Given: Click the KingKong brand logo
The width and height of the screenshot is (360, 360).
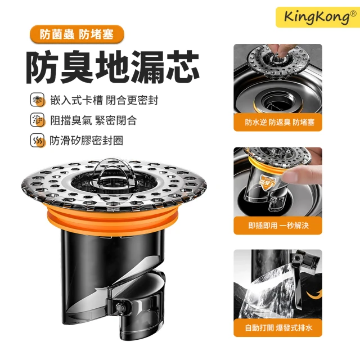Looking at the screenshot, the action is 318,17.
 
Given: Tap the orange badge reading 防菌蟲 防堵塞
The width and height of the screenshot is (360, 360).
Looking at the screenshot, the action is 77,34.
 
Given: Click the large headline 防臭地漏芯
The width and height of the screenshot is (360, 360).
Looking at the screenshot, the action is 112,67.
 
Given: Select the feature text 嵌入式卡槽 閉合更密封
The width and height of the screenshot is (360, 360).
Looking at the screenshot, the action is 104,100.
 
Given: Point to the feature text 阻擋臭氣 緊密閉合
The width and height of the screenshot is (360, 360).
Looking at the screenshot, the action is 94,120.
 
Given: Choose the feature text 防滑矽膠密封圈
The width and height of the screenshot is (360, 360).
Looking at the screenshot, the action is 87,141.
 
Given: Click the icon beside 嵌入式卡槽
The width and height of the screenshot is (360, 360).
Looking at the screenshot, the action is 38,100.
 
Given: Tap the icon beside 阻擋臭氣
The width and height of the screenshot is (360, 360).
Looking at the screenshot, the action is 38,120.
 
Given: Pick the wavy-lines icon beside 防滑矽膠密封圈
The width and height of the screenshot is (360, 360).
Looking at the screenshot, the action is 38,140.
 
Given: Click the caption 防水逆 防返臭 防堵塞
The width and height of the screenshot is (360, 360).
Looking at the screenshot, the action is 280,123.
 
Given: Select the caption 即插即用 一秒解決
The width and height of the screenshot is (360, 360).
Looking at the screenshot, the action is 278,226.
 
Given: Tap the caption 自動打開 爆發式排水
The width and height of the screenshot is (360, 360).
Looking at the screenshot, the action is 279,328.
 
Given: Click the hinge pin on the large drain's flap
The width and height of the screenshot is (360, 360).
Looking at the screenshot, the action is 120,307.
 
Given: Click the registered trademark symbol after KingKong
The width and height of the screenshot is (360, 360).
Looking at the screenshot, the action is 353,13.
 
